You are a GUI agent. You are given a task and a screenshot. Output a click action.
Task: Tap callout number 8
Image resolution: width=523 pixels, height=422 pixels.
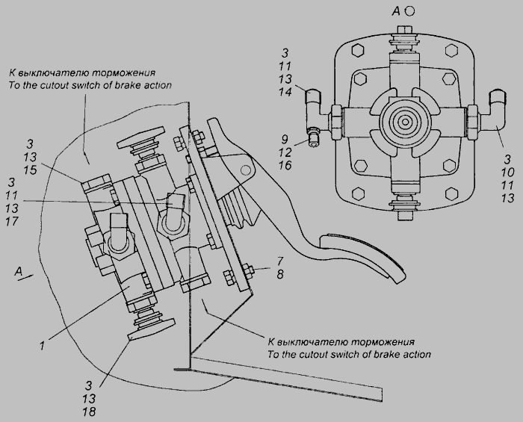tap(279, 274)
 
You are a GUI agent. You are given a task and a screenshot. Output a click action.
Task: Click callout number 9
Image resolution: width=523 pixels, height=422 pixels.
tap(285, 139)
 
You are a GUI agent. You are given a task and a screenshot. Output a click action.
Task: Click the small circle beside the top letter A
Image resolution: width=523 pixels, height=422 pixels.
tap(420, 11)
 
